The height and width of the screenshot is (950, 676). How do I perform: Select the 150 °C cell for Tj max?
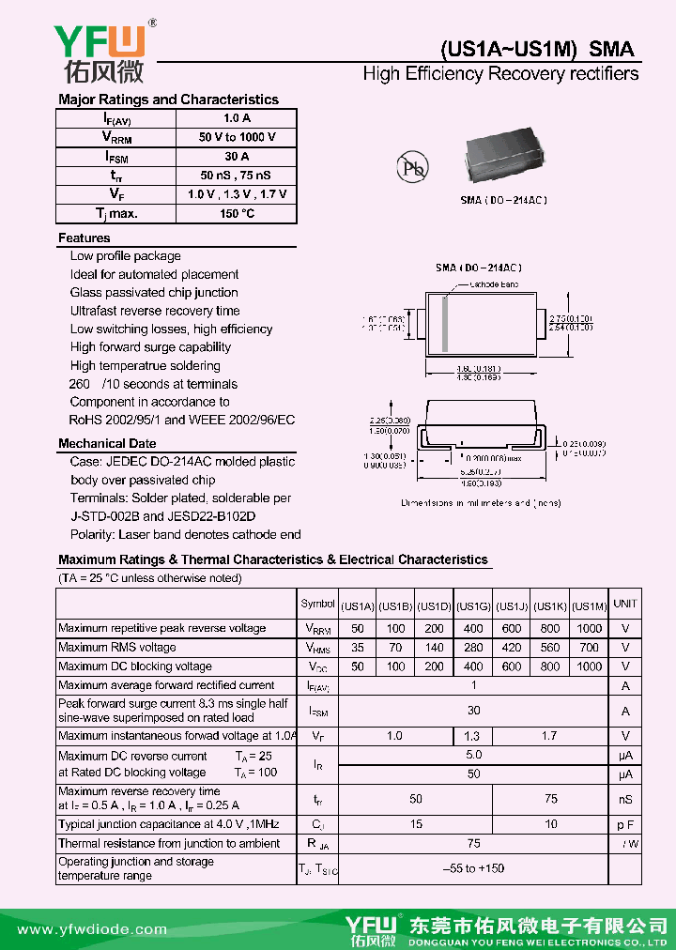pos(237,213)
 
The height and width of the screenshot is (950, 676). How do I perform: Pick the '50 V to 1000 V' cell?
pos(237,137)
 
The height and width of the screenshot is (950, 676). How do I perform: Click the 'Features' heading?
pos(84,238)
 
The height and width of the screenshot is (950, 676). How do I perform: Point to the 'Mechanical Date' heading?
pos(107,443)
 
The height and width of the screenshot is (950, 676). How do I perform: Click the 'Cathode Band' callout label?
pos(494,283)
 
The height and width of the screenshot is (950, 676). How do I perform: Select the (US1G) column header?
pos(473,605)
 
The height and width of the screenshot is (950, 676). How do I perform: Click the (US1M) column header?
pos(589,605)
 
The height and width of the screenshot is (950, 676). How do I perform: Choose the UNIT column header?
pos(625,605)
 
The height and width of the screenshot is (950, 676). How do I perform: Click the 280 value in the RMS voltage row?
pos(473,648)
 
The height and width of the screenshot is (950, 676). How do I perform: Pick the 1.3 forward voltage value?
pos(472,737)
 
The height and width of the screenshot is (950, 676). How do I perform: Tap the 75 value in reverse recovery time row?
pos(550,799)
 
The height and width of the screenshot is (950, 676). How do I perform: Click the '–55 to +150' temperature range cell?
pos(473,868)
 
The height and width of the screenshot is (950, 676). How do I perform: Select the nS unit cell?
pos(625,799)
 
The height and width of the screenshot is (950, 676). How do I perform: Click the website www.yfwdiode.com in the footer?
pos(79,929)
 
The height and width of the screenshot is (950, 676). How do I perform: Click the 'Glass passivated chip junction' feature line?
pos(154,293)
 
